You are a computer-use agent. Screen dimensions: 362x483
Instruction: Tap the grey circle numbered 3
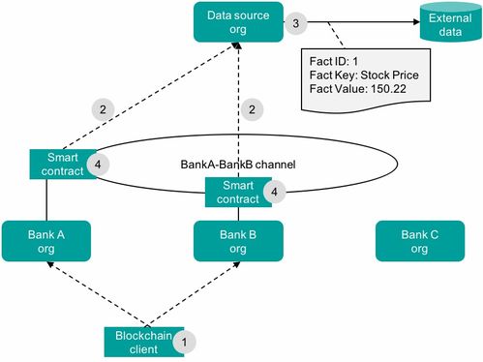(298, 21)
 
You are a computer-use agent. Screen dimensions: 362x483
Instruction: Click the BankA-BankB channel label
(237, 166)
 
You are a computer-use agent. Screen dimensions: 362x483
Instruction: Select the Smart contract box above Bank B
(236, 191)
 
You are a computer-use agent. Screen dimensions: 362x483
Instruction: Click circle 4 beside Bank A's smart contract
(102, 164)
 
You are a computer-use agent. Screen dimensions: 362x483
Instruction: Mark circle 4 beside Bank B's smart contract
(278, 192)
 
